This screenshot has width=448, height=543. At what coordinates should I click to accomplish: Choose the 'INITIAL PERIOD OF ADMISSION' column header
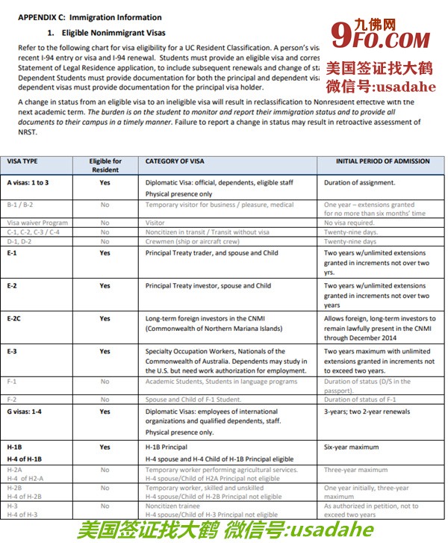click(x=373, y=161)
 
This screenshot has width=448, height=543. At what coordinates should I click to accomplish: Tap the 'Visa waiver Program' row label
click(x=37, y=223)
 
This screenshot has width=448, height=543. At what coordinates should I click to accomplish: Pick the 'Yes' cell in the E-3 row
click(x=105, y=351)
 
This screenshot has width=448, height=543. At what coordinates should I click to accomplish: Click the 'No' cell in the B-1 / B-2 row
click(x=105, y=205)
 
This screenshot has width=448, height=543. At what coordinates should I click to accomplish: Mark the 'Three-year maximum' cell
click(x=355, y=470)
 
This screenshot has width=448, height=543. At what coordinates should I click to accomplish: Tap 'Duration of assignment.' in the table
click(x=360, y=182)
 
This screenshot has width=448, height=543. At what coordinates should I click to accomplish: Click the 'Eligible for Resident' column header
click(x=105, y=165)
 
